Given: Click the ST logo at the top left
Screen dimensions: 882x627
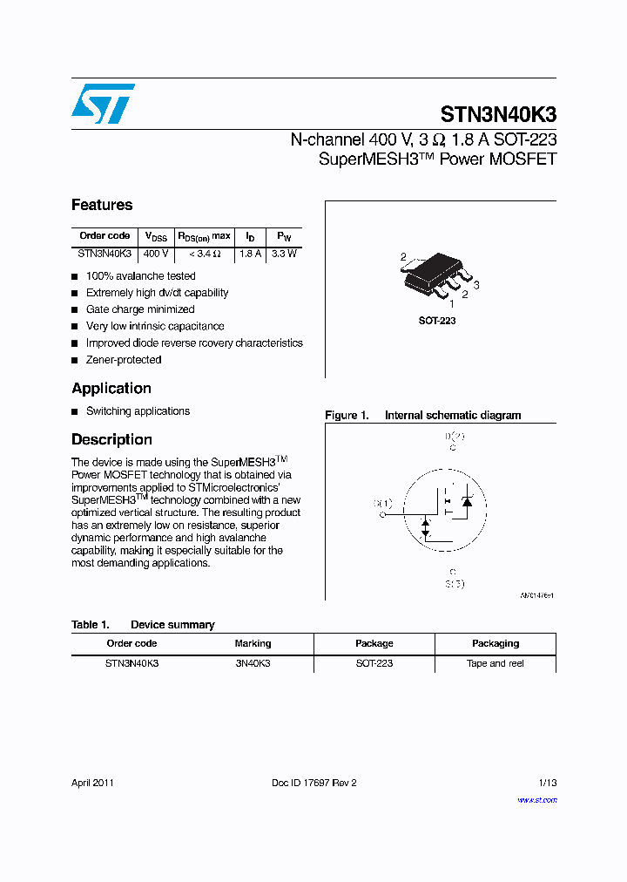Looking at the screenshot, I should (x=103, y=104).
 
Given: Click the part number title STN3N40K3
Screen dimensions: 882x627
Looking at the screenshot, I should (x=498, y=115).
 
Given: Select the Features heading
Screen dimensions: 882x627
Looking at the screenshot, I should (x=102, y=205).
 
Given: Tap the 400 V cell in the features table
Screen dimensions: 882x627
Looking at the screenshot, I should (x=156, y=254).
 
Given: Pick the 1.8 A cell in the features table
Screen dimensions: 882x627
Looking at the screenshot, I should (x=250, y=254).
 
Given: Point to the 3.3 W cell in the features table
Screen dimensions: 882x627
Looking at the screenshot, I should (x=284, y=254).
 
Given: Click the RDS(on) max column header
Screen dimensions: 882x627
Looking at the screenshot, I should (x=205, y=236).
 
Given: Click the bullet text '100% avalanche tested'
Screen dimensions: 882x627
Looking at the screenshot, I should (x=140, y=276).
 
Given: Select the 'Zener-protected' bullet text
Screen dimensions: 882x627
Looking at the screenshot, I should (x=123, y=360).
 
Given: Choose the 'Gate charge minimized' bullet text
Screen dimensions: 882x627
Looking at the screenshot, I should (x=139, y=309).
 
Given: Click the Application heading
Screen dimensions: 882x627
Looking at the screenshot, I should (x=111, y=389).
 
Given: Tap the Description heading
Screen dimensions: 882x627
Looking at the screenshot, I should (x=111, y=440).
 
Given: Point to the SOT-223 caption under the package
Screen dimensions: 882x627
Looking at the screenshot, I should (x=437, y=321).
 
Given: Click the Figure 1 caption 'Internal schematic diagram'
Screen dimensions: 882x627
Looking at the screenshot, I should (x=452, y=416).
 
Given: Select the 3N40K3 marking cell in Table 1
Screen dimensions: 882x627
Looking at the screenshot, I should (x=253, y=663).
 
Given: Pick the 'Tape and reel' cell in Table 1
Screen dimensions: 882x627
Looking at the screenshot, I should (x=495, y=663).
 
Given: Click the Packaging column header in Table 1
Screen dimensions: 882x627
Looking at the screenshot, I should (x=495, y=643).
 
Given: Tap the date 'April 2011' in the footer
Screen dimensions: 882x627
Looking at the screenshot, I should (x=92, y=783).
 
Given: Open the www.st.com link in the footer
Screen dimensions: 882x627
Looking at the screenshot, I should (x=536, y=799).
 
